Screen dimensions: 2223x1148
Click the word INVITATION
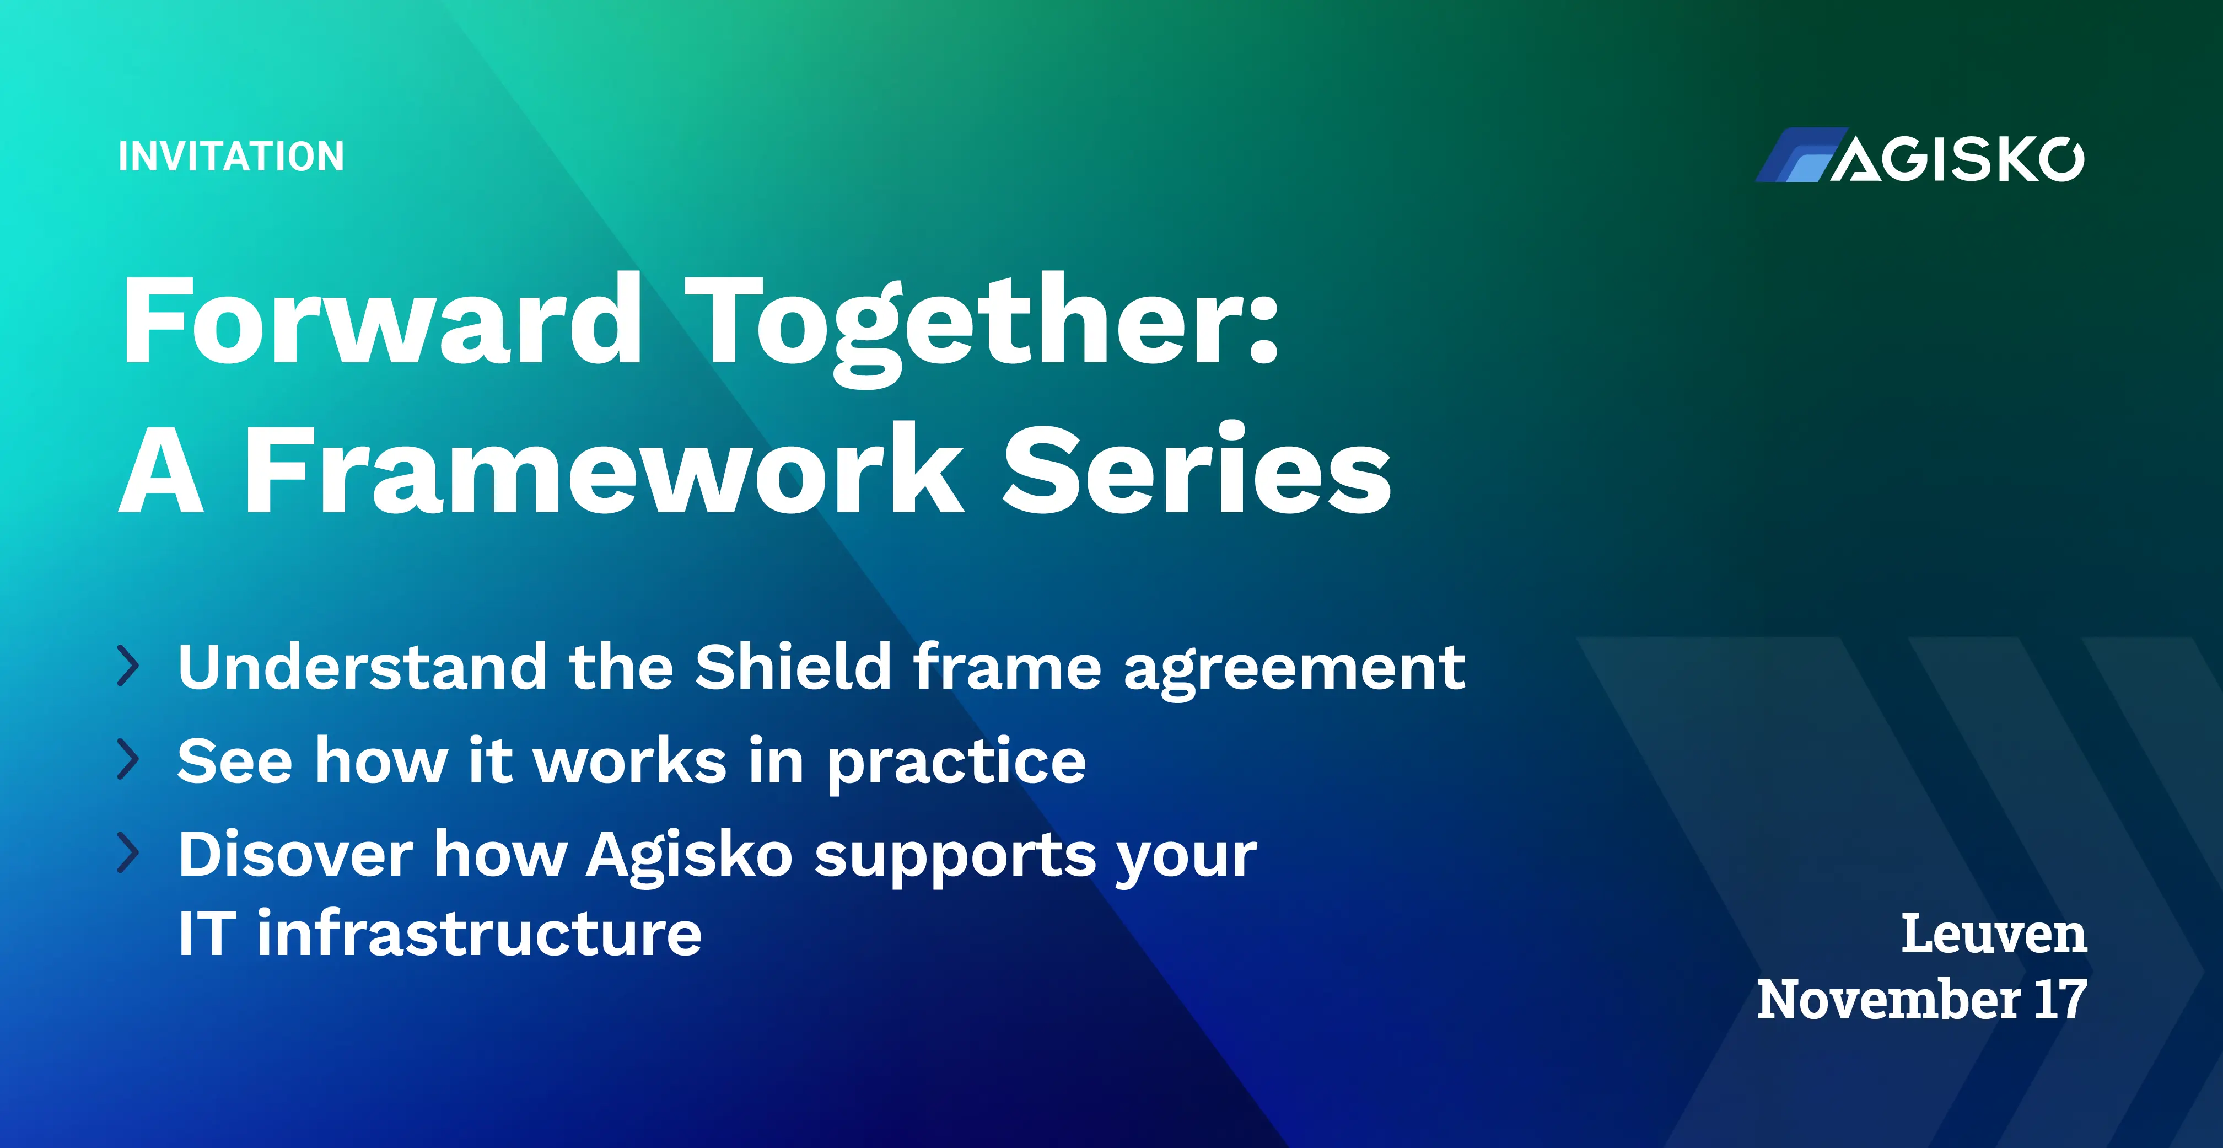pyautogui.click(x=232, y=156)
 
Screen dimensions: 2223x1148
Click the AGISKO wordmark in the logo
pyautogui.click(x=1957, y=159)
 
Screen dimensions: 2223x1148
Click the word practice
pyautogui.click(x=957, y=764)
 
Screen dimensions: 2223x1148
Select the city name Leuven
pyautogui.click(x=1994, y=934)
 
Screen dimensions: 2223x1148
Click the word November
pyautogui.click(x=1889, y=1000)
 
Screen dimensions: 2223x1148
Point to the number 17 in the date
pyautogui.click(x=2061, y=1000)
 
